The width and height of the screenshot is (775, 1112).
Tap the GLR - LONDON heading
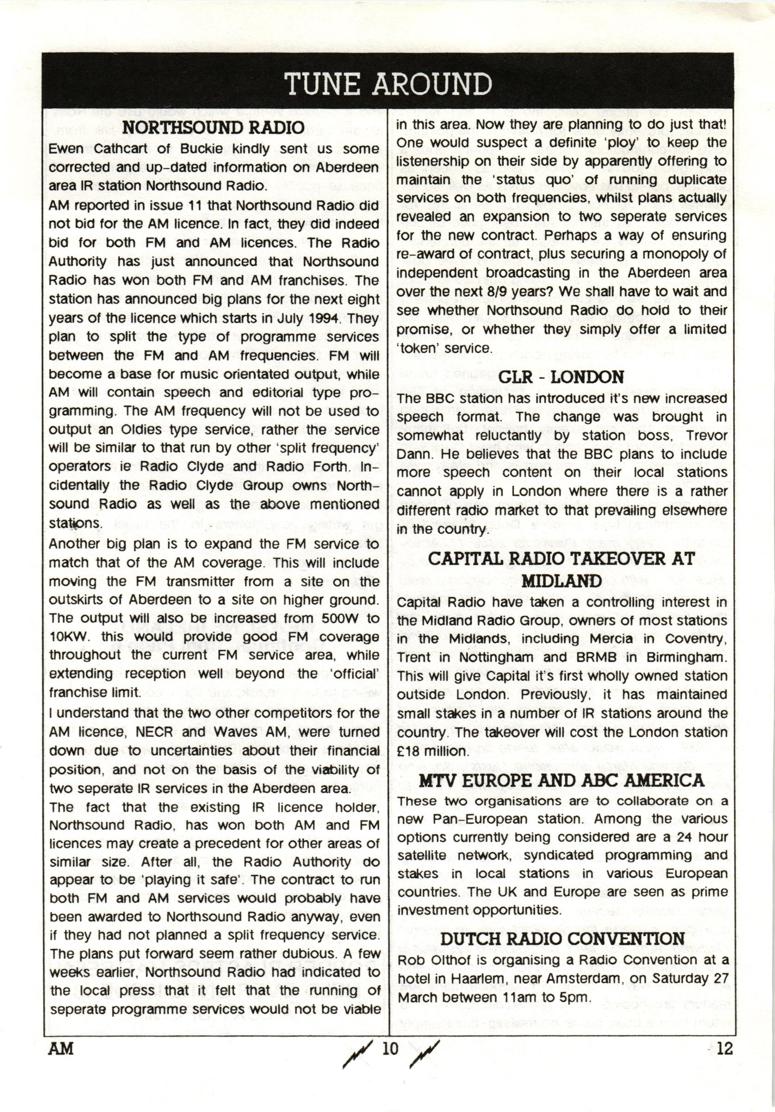(561, 377)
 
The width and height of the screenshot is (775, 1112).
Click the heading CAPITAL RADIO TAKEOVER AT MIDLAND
(561, 569)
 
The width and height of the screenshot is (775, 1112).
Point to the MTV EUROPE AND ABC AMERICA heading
(561, 780)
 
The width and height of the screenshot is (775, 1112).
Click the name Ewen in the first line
(66, 149)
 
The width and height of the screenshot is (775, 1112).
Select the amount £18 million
(433, 751)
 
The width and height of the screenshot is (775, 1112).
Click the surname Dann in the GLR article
(412, 454)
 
